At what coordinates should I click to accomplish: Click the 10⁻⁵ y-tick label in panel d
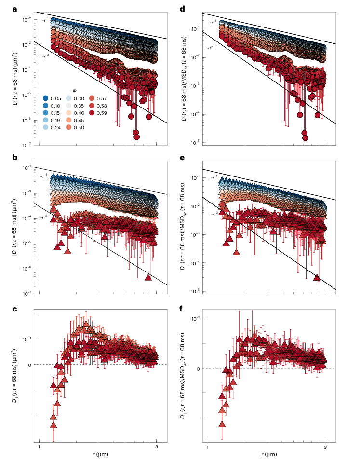(196, 142)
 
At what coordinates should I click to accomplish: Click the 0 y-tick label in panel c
(30, 365)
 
